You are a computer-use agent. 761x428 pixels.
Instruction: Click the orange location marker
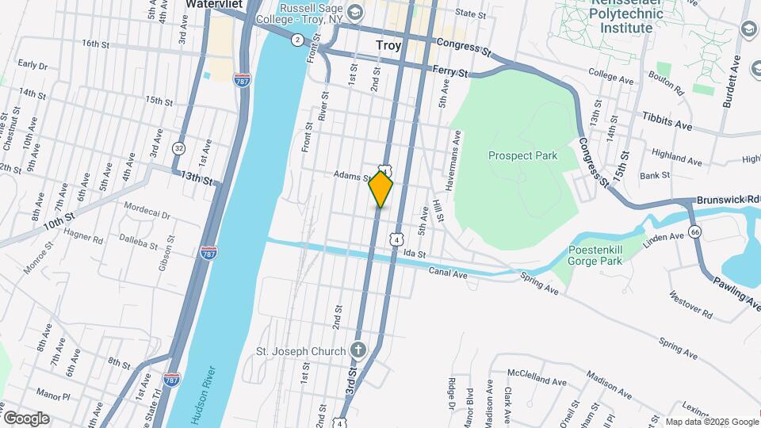(x=381, y=189)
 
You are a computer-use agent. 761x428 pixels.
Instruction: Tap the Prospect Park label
(x=522, y=155)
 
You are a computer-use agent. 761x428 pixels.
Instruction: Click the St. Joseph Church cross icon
(x=358, y=350)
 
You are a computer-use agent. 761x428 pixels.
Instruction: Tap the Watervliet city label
(x=212, y=4)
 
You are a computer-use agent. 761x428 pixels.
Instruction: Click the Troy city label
(x=388, y=46)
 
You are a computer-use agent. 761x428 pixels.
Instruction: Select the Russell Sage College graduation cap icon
(x=355, y=11)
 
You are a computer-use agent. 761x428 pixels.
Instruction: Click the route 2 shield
(x=296, y=40)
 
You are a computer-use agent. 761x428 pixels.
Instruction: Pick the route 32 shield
(x=179, y=147)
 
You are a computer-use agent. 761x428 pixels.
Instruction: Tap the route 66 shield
(x=695, y=231)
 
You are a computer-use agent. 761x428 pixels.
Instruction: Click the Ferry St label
(x=451, y=71)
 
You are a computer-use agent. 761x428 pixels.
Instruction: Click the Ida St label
(x=415, y=254)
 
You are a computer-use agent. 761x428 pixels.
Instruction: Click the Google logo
(x=25, y=418)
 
